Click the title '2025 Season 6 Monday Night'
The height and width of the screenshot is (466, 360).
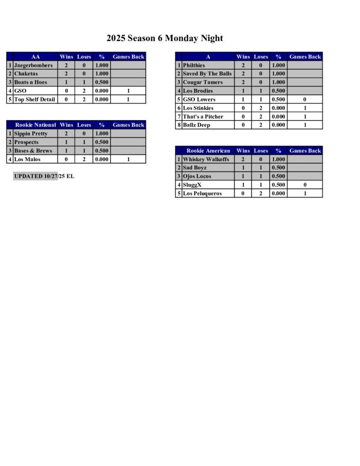point(165,38)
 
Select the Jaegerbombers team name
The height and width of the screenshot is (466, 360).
point(33,65)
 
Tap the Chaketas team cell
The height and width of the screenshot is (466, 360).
point(27,74)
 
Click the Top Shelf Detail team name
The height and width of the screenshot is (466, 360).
point(35,99)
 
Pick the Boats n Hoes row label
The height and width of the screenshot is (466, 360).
point(30,82)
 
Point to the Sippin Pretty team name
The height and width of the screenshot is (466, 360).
point(31,133)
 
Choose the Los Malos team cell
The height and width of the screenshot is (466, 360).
point(27,159)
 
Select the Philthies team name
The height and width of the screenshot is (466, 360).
point(194,65)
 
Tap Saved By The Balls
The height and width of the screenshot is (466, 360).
point(207,74)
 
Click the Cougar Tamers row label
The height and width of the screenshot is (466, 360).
point(203,82)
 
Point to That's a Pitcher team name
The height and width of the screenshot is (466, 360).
point(203,116)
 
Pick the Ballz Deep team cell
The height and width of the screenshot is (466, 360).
point(197,125)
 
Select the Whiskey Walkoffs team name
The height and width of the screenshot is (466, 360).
point(206,159)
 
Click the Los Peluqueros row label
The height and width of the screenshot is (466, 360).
point(202,193)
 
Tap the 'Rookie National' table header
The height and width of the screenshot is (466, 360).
point(35,125)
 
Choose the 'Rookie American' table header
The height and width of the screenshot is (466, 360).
point(208,151)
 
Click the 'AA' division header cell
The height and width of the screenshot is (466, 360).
point(35,57)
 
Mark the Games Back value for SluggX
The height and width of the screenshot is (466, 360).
point(305,185)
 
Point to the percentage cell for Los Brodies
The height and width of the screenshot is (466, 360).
point(279,91)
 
